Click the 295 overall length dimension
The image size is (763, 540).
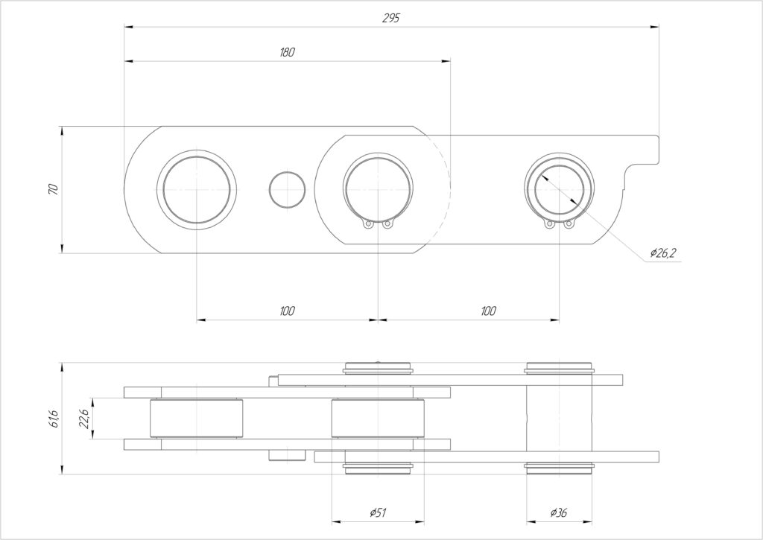coord(390,18)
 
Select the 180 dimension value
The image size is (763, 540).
coord(287,52)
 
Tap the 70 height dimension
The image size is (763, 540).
coord(54,189)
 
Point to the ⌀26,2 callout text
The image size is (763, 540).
coord(663,252)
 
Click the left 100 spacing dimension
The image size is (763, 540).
coord(287,311)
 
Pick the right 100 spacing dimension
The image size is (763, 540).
coord(488,311)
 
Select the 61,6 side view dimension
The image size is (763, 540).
coord(54,419)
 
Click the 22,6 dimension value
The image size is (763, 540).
coord(83,419)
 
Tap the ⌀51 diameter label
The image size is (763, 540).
coord(378,512)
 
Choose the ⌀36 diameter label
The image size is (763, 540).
coord(559,512)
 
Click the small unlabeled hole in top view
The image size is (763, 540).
coord(287,189)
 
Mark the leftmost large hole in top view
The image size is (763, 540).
coord(197,189)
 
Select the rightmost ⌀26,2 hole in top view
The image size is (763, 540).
coord(559,189)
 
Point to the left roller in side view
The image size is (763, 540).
coord(197,419)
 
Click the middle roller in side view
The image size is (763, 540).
coord(378,419)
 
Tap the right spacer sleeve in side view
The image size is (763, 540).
coord(559,419)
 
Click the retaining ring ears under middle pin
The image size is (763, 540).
coord(378,223)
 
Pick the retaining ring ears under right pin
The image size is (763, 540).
coord(559,223)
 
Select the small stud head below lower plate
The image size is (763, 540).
coord(287,455)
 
